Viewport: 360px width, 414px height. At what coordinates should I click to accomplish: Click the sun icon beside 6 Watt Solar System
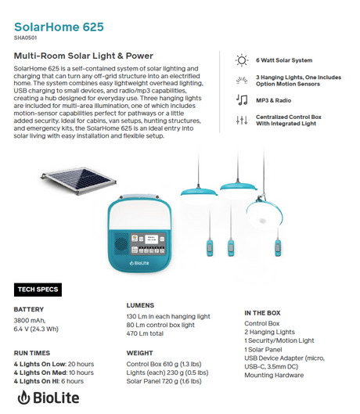242,60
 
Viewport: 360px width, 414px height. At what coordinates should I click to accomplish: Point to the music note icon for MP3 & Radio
242,99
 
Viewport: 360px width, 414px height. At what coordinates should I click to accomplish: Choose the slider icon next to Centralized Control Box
242,121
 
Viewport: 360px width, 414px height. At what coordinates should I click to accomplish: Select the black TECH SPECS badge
38,290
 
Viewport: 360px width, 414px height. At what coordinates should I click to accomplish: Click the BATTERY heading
29,309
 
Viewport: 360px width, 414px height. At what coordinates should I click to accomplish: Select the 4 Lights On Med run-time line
52,372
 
